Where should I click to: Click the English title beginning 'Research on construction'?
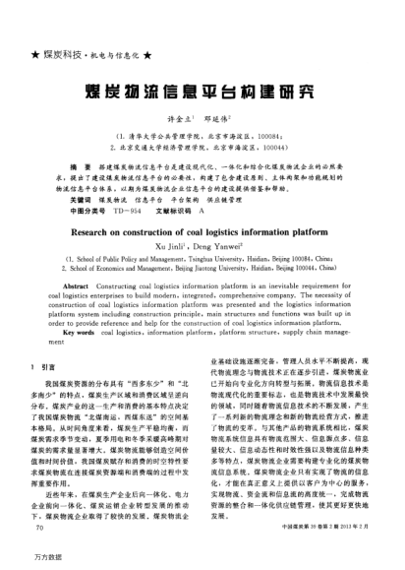coord(202,231)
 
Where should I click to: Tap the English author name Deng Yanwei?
coord(228,249)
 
